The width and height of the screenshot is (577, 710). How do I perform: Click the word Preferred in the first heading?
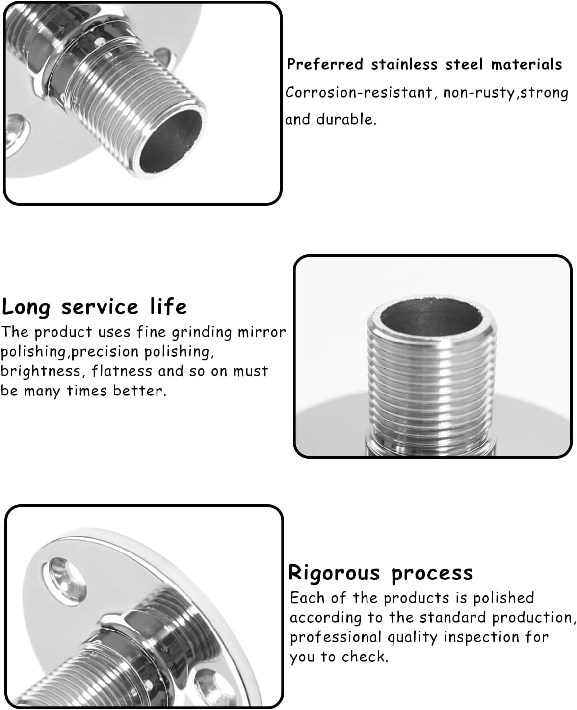click(x=325, y=64)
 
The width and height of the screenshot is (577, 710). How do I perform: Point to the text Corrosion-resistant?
click(x=359, y=93)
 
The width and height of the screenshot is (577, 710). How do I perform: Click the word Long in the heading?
click(x=26, y=307)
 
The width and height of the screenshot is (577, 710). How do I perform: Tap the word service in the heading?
click(x=100, y=307)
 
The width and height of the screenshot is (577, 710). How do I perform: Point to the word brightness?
click(x=42, y=371)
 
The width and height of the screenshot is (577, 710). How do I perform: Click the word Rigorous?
click(x=334, y=573)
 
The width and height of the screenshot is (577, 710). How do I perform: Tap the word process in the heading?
click(x=432, y=573)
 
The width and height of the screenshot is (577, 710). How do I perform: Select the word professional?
click(x=336, y=637)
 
